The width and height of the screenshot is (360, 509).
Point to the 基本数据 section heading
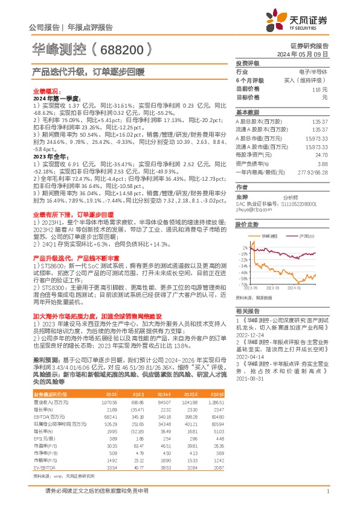click(x=247, y=112)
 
